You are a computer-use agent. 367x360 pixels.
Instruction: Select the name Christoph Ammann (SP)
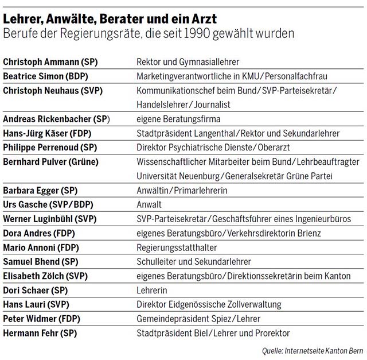(x=50, y=61)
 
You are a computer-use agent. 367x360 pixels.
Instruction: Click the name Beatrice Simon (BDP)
(x=45, y=76)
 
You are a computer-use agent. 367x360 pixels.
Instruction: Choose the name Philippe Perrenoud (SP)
(x=50, y=148)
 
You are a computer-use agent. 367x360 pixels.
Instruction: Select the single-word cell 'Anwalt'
(x=149, y=204)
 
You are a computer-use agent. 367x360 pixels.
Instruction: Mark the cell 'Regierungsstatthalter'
(x=176, y=247)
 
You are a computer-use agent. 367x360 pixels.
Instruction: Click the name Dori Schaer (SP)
(x=36, y=290)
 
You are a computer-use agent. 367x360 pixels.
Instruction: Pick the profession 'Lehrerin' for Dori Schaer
(x=151, y=290)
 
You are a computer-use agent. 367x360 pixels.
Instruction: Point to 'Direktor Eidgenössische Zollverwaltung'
(x=212, y=304)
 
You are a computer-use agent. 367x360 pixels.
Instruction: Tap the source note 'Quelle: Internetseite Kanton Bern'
(x=310, y=350)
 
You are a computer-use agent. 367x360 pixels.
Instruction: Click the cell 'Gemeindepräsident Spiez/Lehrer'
(x=198, y=319)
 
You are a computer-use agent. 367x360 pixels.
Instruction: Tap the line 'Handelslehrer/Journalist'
(x=183, y=104)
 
